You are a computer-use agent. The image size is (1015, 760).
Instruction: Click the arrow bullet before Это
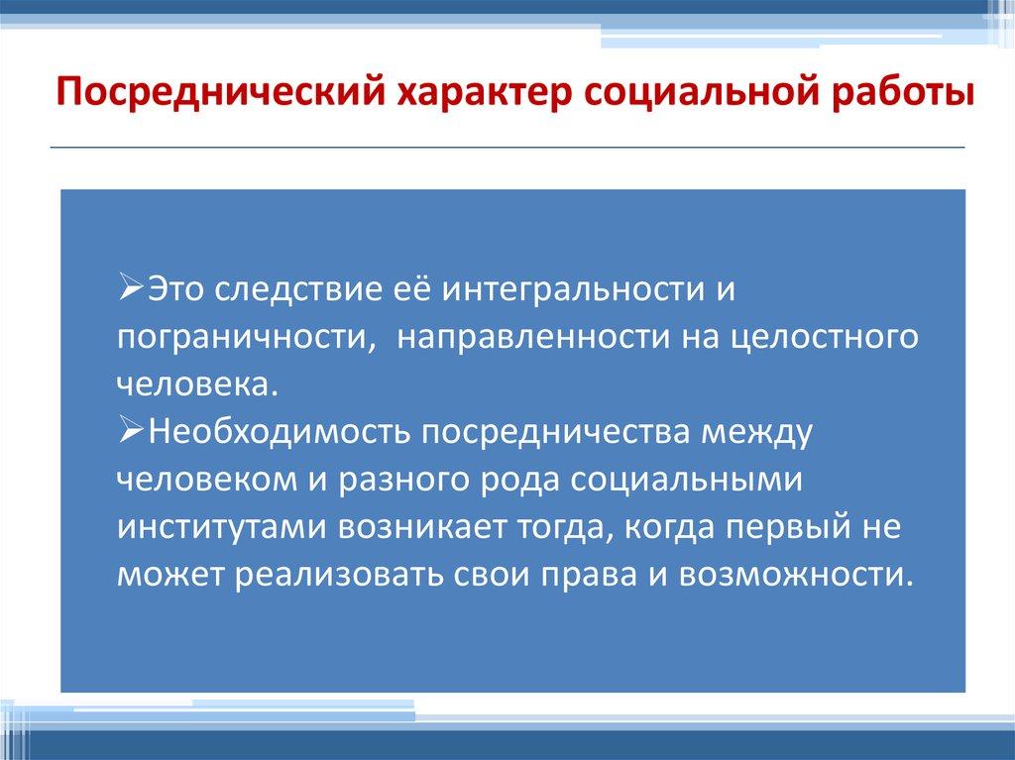(134, 288)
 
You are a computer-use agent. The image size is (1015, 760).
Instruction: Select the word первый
(787, 527)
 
